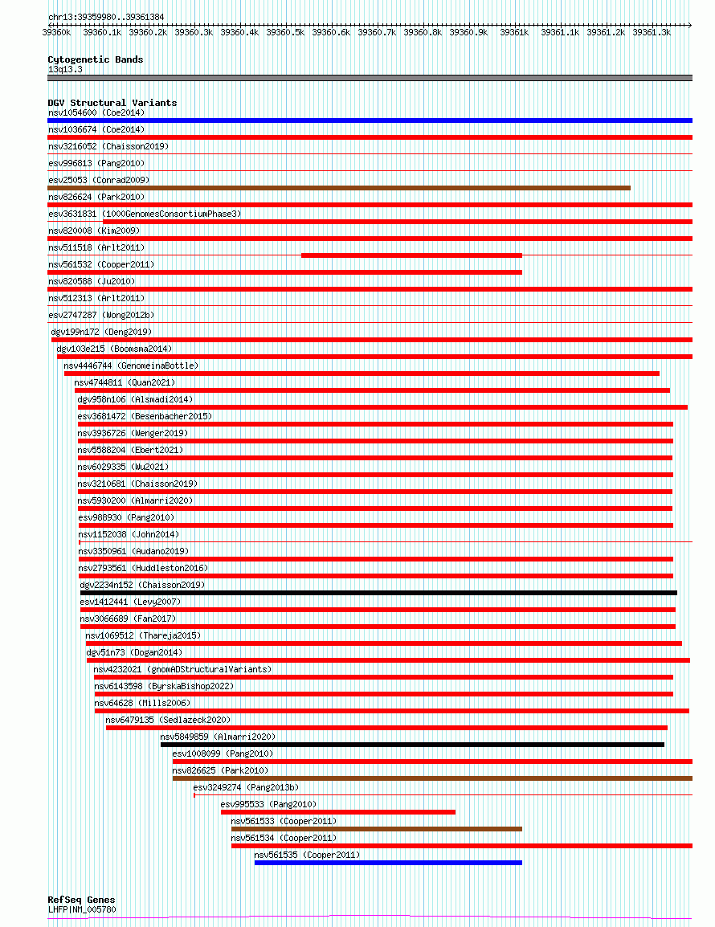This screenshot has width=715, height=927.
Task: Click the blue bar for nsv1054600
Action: [x=370, y=120]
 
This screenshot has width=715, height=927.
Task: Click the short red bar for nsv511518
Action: [x=411, y=255]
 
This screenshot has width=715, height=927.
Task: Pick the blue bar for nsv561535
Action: [x=388, y=863]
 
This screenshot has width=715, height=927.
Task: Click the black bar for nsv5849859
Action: [x=412, y=745]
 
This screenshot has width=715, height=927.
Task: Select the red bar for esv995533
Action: [x=338, y=812]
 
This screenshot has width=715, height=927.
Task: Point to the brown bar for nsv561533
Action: [x=377, y=829]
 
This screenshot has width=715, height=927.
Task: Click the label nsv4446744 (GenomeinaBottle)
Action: [x=131, y=365]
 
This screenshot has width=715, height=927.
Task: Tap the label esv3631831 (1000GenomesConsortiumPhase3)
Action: [x=145, y=214]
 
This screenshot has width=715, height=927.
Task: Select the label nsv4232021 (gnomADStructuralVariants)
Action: [x=182, y=669]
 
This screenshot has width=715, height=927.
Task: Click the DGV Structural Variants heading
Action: [x=112, y=103]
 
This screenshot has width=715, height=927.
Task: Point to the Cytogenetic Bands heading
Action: [x=96, y=59]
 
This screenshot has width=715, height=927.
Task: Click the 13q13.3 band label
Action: [x=65, y=69]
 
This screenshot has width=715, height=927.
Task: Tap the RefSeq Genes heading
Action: [x=81, y=900]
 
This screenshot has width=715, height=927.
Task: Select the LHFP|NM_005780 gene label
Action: [x=82, y=909]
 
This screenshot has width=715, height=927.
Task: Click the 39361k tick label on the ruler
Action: [x=514, y=32]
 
